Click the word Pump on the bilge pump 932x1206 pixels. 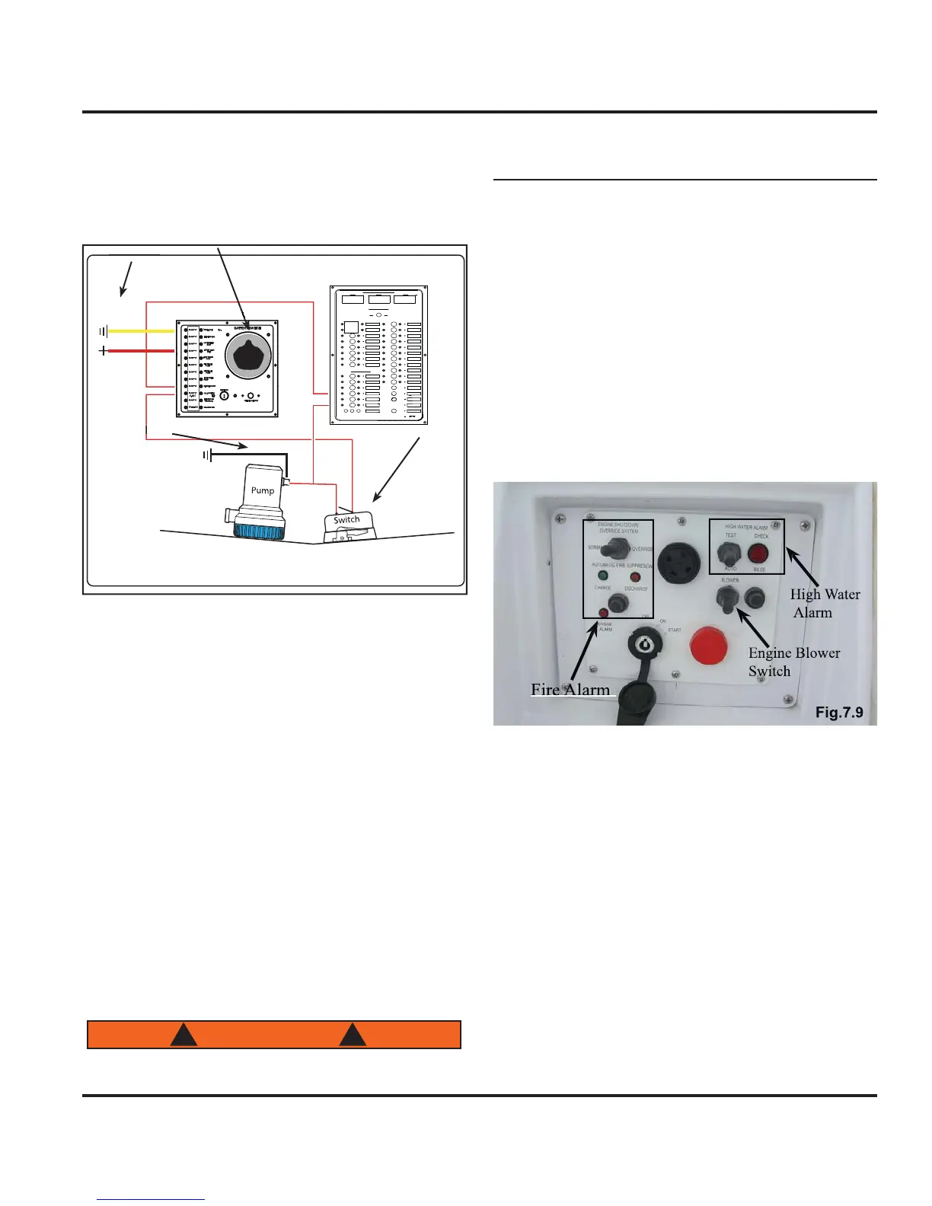[263, 490]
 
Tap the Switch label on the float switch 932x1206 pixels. [346, 520]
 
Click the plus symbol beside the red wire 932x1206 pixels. [103, 351]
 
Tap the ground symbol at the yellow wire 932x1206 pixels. [103, 331]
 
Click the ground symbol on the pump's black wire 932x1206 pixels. [207, 455]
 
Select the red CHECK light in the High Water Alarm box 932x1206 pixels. [758, 554]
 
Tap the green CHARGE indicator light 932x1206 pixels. [603, 576]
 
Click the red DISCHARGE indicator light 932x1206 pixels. [635, 577]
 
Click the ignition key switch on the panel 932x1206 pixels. [644, 646]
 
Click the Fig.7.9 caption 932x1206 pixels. [838, 713]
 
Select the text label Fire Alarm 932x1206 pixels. [570, 689]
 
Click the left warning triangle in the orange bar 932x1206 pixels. [184, 1035]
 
